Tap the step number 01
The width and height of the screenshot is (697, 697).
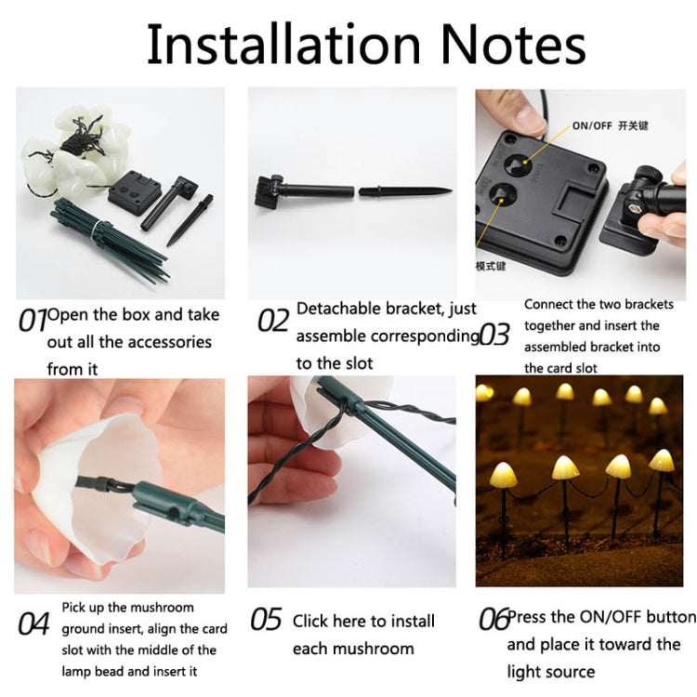[x=33, y=321]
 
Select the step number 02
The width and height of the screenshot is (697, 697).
[x=273, y=321]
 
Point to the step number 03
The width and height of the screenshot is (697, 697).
[x=494, y=334]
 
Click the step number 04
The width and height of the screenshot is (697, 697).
[x=33, y=623]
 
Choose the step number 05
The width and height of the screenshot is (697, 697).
[x=266, y=620]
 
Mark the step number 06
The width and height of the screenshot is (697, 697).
[x=493, y=620]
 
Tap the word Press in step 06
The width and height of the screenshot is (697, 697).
[x=528, y=616]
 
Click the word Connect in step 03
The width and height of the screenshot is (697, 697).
[x=549, y=304]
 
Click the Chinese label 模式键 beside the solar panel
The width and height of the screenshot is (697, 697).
[x=490, y=265]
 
